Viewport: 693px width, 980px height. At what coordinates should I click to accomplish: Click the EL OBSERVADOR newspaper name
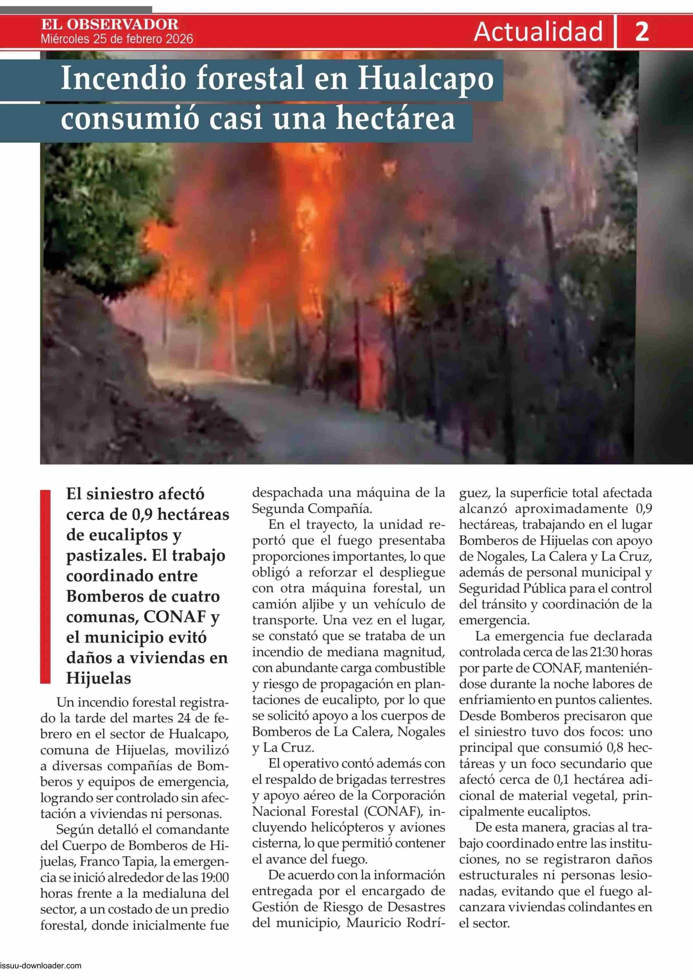pos(110,25)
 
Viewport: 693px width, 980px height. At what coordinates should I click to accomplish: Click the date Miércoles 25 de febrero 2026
pos(117,39)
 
